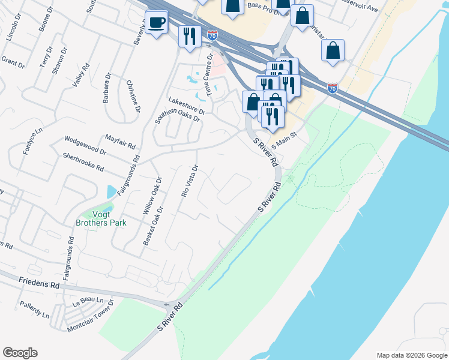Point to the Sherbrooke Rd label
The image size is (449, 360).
(x=83, y=161)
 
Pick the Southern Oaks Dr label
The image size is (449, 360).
(x=178, y=115)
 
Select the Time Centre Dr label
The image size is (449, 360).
(x=209, y=74)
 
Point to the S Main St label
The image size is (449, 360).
(x=285, y=140)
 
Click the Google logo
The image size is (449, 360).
(x=20, y=353)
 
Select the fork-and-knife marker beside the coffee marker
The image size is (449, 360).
(x=189, y=36)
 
